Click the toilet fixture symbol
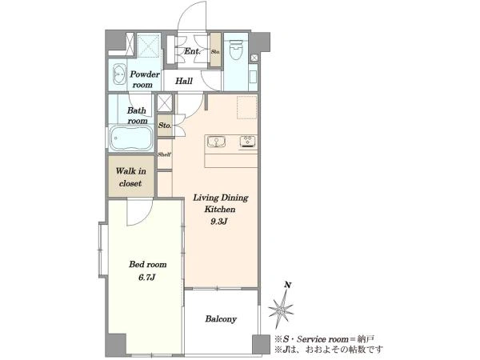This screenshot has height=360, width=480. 236,50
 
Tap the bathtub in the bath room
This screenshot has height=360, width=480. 132,138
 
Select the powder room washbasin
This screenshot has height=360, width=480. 119,74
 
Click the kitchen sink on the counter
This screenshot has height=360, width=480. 216,142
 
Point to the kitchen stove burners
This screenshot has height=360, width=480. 248,142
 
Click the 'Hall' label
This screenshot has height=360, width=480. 184,81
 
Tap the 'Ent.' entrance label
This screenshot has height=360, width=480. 192,51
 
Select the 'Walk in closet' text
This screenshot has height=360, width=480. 130,177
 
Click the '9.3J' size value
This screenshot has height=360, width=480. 218,222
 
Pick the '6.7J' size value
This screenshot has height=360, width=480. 147,278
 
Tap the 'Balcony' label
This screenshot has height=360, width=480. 221,319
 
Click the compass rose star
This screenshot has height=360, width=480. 281,309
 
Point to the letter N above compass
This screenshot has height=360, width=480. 288,286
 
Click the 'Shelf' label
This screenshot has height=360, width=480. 164,154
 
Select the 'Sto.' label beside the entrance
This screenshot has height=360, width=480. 215,52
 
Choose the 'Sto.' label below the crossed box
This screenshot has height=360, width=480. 165,126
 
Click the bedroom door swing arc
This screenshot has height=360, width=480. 145,218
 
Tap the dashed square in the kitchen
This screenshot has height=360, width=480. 246,107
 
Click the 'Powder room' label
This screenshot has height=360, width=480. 144,79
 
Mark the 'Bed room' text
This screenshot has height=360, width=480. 147,264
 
